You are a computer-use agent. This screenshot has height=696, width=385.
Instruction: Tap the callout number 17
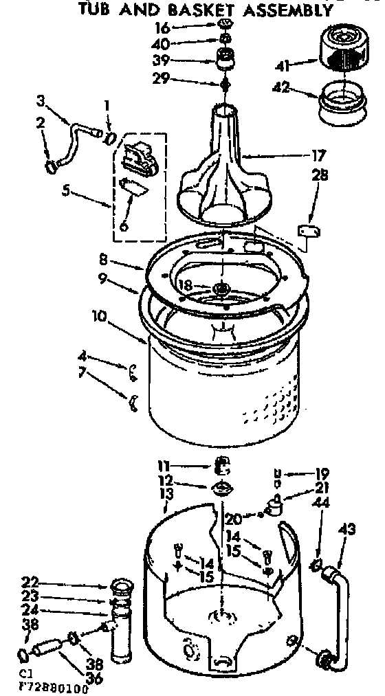pos(318,156)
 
